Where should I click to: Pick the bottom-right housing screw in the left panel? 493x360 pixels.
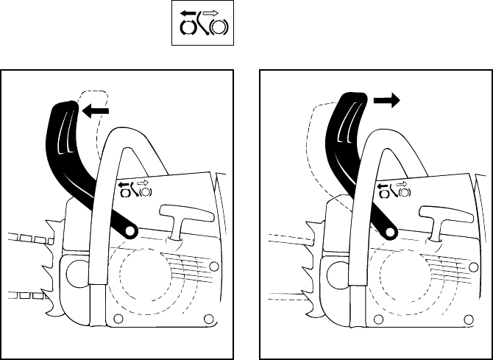209,318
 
